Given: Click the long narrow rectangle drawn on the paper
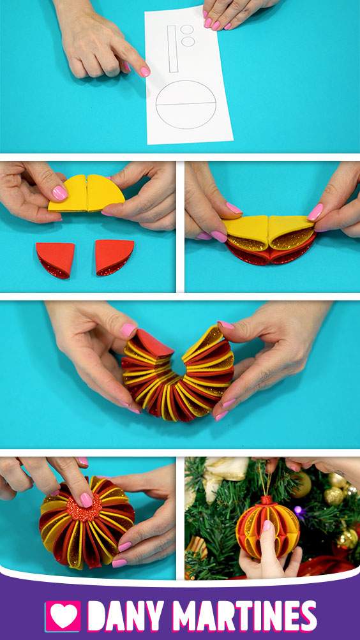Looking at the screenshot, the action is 172,48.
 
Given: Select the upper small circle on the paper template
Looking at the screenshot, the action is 188,30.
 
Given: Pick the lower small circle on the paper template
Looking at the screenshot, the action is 188,41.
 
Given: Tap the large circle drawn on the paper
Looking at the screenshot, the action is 186,105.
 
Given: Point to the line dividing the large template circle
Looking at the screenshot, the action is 186,103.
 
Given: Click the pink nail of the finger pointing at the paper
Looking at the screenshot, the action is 145,72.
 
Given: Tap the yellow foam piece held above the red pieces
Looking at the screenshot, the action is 87,193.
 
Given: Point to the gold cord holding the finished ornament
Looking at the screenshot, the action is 266,480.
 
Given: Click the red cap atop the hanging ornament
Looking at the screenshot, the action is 267,500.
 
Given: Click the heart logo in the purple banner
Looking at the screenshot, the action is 63,616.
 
